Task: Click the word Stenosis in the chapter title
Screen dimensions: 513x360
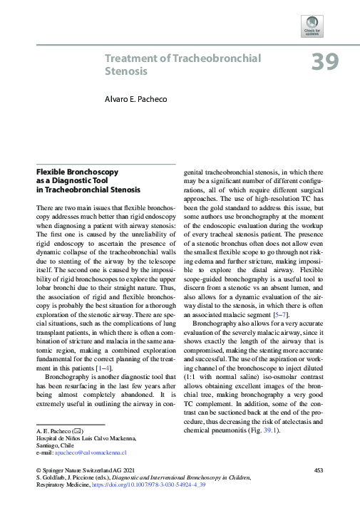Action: [126, 71]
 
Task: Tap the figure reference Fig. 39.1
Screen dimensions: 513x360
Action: [263, 431]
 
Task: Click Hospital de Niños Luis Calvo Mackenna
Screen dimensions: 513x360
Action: [82, 437]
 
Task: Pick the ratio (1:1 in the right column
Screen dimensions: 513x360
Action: [192, 375]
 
